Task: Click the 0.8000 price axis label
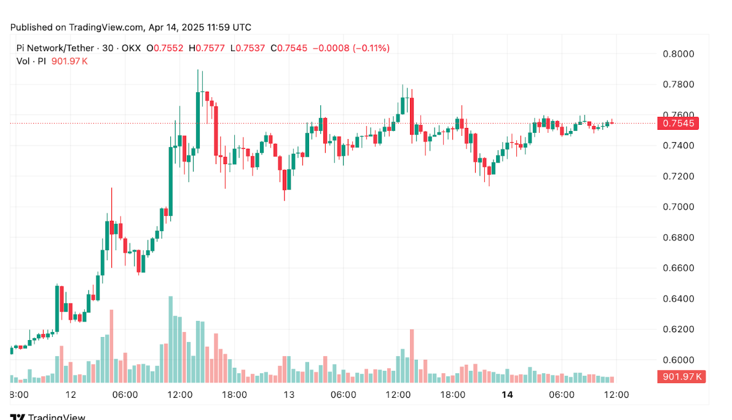pos(678,53)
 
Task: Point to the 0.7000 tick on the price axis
pos(678,207)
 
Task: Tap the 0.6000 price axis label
pos(678,360)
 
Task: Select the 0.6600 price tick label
pos(678,268)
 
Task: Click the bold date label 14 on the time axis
pos(507,394)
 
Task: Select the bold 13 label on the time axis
pos(288,394)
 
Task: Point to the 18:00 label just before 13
pos(234,394)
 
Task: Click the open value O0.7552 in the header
pos(165,48)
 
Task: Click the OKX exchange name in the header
pos(130,48)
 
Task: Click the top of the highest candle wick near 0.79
pos(198,70)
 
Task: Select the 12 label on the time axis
pos(71,394)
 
